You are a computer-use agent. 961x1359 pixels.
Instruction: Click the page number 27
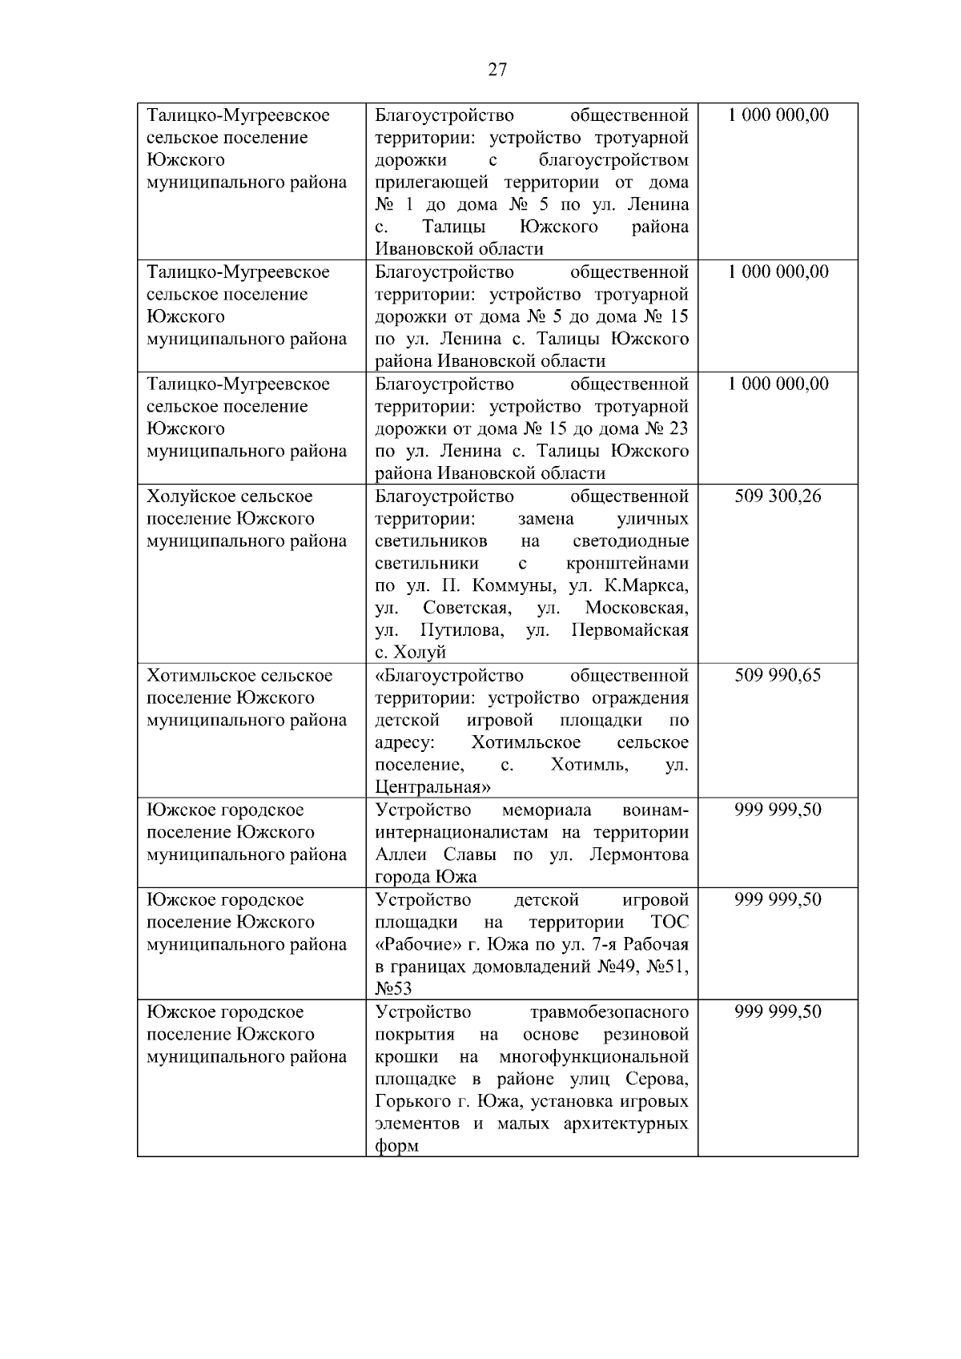point(497,70)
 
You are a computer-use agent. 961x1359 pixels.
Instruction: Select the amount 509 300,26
point(778,497)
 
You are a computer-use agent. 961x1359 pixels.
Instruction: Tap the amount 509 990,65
point(778,676)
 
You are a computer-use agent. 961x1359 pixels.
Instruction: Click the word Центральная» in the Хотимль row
point(432,786)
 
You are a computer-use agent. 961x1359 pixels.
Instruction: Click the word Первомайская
point(630,631)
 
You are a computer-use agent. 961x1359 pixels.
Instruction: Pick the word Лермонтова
point(638,855)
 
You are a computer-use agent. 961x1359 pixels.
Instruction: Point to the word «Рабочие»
point(415,945)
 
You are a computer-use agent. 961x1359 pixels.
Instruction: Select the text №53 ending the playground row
point(393,990)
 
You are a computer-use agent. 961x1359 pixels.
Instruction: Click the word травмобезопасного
point(609,1012)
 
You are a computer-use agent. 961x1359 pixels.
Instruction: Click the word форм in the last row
point(396,1147)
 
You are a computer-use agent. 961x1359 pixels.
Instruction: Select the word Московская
point(636,609)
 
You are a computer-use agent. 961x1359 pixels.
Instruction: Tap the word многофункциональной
point(593,1057)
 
